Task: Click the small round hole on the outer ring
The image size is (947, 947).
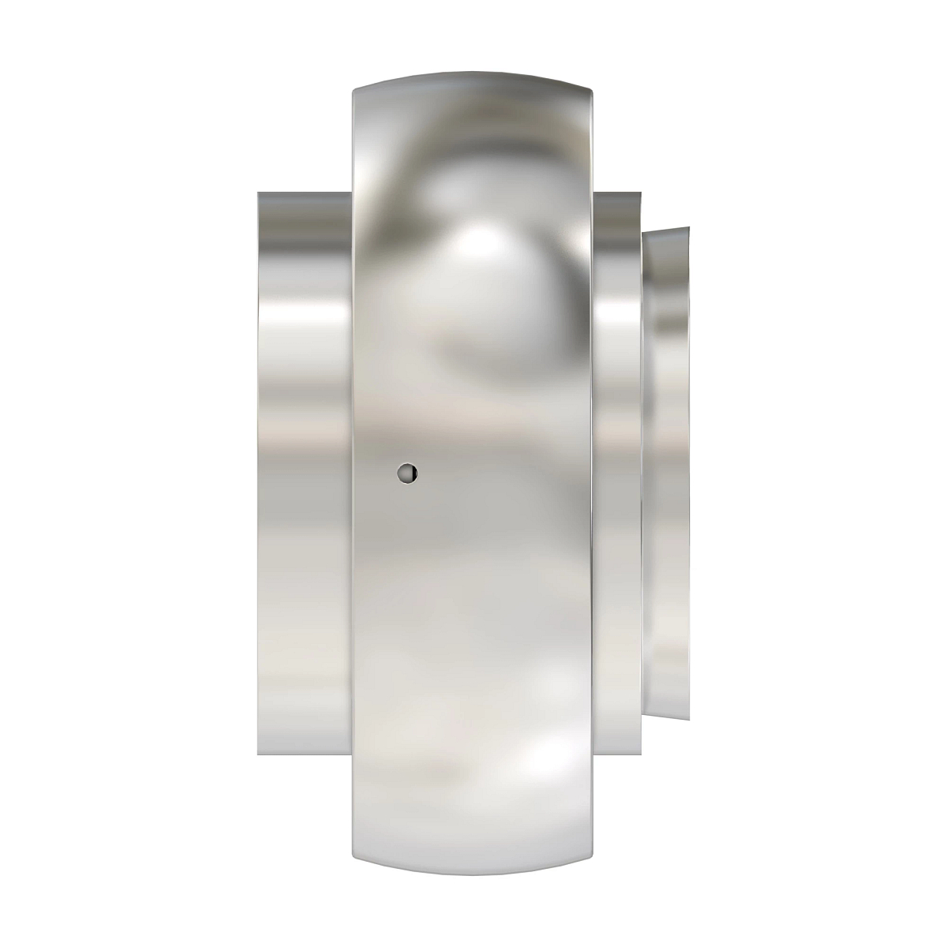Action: click(406, 473)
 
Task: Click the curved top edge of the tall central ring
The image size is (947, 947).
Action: click(472, 78)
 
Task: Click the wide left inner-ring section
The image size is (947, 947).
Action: click(304, 473)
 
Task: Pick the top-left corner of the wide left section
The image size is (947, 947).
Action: click(257, 192)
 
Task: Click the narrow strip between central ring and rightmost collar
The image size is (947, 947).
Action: click(617, 473)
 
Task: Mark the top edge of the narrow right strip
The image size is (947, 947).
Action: click(617, 192)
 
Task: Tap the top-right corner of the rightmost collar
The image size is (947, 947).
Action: click(689, 229)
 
